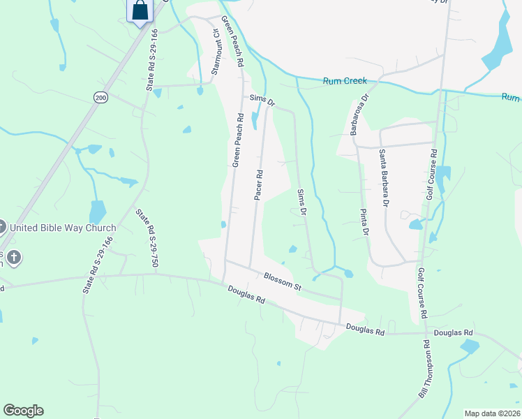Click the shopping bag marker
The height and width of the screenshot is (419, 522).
[x=140, y=11]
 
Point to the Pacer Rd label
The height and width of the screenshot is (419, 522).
[x=258, y=185]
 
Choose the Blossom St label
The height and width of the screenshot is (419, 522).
[x=282, y=281]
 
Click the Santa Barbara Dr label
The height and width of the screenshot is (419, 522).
[x=383, y=177]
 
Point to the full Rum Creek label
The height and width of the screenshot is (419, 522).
[x=345, y=81]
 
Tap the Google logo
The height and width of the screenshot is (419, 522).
[x=23, y=411]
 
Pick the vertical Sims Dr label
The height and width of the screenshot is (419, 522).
[x=302, y=201]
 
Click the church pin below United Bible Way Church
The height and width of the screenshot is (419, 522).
[x=13, y=258]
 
